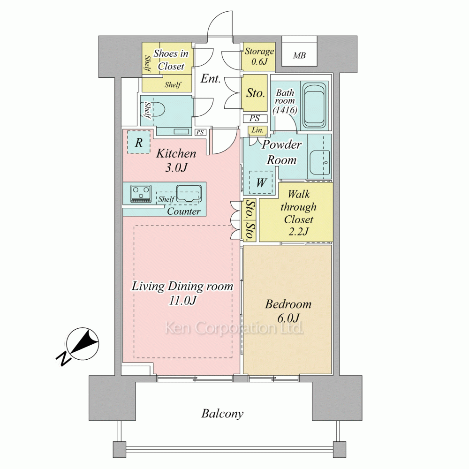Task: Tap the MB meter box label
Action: coord(299,55)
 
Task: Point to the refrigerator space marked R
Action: coord(139,143)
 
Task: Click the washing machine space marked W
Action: coord(261,182)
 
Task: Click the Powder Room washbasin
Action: coord(320,163)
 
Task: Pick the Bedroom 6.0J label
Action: coord(288,311)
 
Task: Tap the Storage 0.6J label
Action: coord(259,56)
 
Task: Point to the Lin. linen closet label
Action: coord(257,130)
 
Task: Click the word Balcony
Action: coord(222,414)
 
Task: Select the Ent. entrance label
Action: coord(211,78)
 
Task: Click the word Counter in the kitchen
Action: coord(184,211)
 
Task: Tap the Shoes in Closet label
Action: coord(171,60)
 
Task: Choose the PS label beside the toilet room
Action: coord(200,132)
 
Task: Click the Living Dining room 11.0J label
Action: coord(182,293)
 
